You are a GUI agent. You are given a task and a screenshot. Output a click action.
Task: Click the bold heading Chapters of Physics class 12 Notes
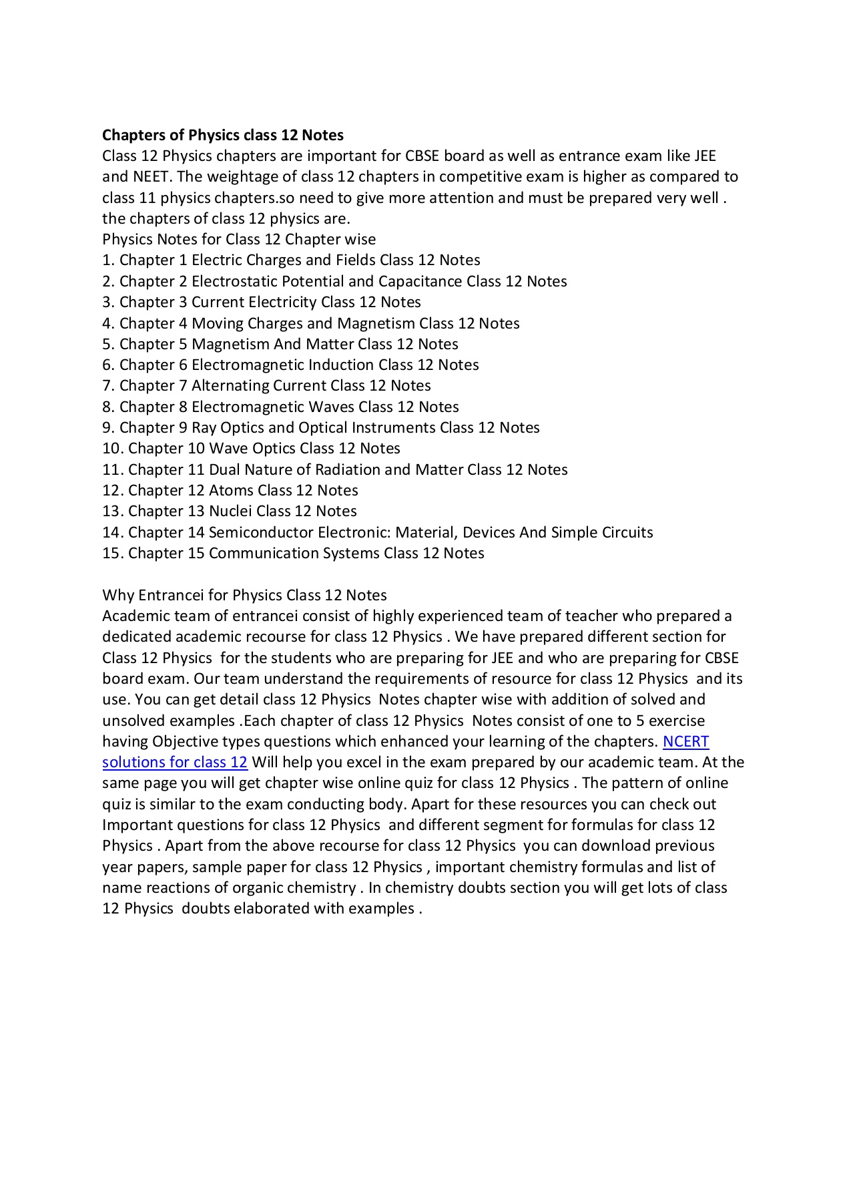pyautogui.click(x=222, y=135)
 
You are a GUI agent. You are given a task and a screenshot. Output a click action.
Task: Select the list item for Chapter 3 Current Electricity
pyautogui.click(x=261, y=302)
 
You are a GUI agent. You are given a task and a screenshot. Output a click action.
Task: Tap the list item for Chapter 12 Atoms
pyautogui.click(x=230, y=490)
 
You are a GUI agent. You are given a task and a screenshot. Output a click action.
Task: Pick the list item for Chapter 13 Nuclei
pyautogui.click(x=229, y=511)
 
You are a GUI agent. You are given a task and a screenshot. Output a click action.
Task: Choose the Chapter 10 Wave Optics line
pyautogui.click(x=251, y=448)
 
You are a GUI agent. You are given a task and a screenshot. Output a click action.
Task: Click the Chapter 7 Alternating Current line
pyautogui.click(x=266, y=385)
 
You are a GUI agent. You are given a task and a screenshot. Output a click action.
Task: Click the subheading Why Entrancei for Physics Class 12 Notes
pyautogui.click(x=244, y=595)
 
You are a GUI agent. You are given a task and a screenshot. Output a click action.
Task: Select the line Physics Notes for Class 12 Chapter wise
pyautogui.click(x=239, y=239)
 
